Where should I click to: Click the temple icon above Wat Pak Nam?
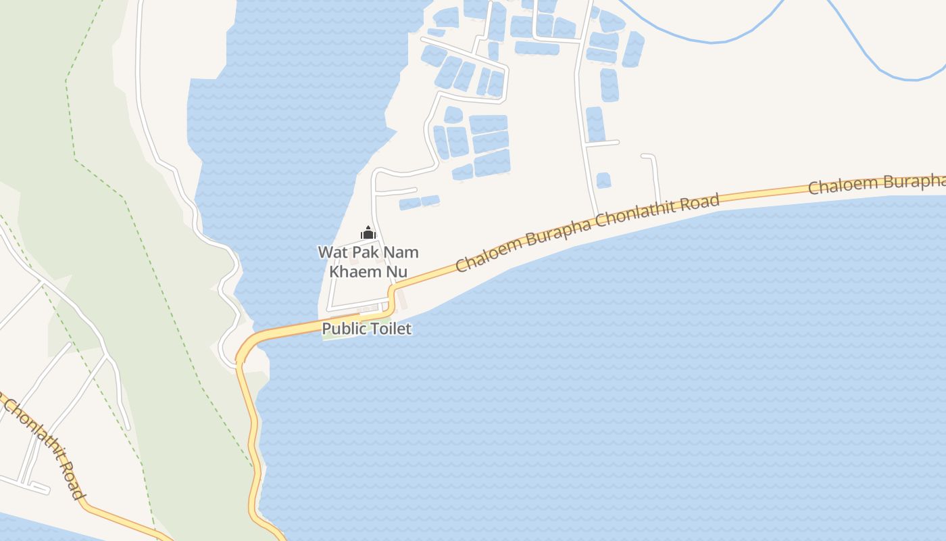(x=368, y=233)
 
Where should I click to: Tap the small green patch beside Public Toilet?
(x=330, y=336)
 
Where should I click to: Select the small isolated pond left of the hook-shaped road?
(x=603, y=180)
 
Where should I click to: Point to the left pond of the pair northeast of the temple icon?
(x=409, y=204)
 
